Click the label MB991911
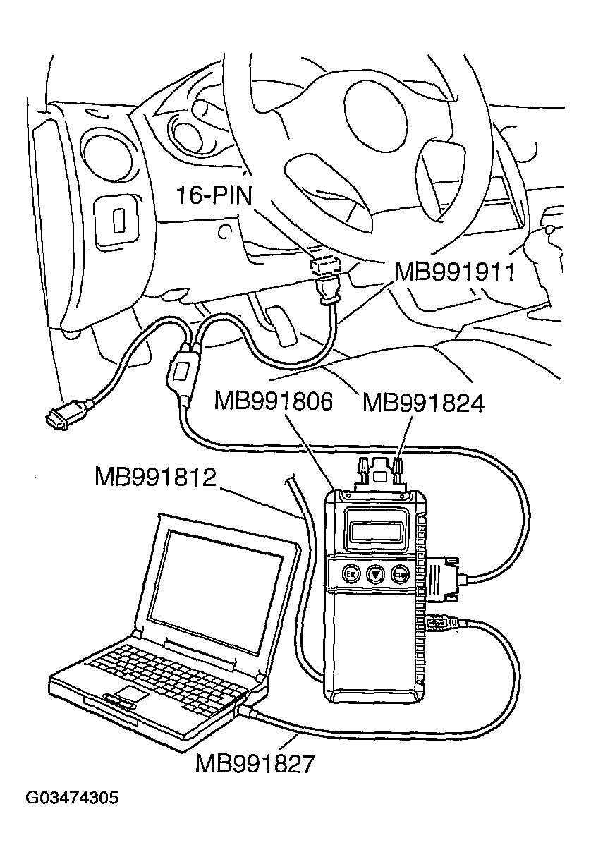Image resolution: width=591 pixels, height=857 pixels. click(453, 271)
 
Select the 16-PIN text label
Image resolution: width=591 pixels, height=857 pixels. click(214, 195)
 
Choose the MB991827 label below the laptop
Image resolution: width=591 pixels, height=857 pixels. click(255, 763)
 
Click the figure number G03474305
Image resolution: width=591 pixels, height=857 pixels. click(72, 798)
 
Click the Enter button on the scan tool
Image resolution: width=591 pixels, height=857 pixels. click(401, 574)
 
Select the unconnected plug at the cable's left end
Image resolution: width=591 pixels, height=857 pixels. click(59, 418)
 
